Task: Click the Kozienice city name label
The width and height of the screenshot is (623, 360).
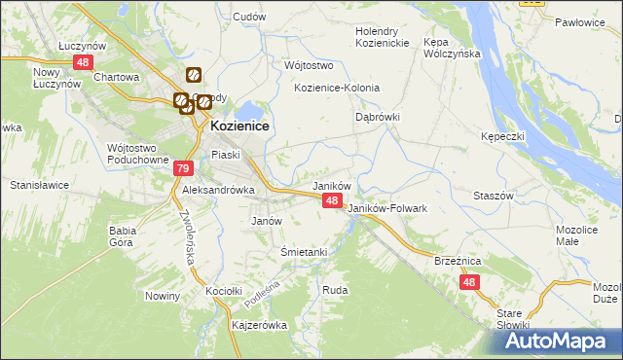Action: (x=239, y=126)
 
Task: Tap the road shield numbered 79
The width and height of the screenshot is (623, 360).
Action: (x=183, y=168)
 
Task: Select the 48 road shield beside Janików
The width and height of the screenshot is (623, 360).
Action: (x=332, y=200)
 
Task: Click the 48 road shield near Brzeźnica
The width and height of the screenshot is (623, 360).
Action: (x=469, y=282)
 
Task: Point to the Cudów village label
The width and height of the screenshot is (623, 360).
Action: (x=250, y=17)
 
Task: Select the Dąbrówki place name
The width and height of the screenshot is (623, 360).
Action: (x=377, y=116)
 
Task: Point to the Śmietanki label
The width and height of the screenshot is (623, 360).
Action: (x=303, y=251)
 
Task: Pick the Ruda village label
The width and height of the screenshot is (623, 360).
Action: (x=335, y=290)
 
